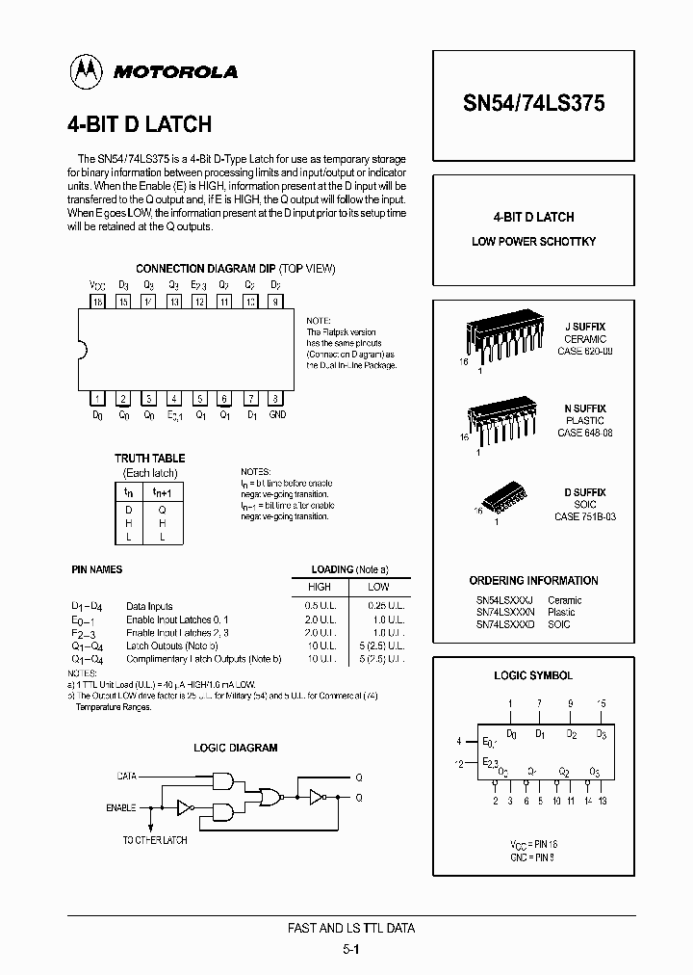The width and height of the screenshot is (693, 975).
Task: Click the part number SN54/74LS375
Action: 533,104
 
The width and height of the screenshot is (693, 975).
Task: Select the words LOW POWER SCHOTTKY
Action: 533,241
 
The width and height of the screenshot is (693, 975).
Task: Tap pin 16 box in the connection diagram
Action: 97,302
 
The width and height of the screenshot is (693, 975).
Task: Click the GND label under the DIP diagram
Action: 276,415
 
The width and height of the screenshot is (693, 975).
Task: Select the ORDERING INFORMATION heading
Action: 533,581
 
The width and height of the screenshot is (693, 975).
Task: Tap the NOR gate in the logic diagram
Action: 272,796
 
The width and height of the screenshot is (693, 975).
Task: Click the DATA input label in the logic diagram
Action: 127,775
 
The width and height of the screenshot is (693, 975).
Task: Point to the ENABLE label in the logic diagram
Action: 121,807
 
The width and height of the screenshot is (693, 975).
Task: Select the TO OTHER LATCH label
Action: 154,840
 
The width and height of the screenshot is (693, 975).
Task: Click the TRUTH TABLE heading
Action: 149,459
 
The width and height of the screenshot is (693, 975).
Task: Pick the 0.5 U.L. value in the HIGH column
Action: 320,605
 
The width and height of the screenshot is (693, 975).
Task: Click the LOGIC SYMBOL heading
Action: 533,676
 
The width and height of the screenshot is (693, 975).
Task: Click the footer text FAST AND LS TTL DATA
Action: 351,928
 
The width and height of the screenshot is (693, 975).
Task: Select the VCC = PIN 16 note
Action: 534,844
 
